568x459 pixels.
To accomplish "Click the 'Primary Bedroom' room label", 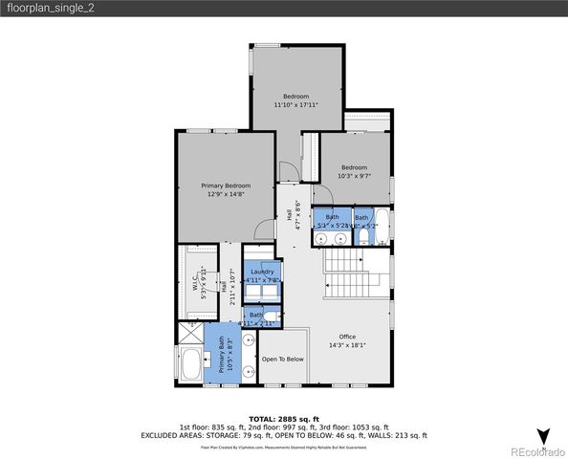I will pos(226,185).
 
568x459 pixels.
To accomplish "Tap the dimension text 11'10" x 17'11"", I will pos(296,104).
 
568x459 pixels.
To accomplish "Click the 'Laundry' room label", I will pos(261,272).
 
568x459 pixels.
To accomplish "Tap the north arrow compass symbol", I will pos(542,436).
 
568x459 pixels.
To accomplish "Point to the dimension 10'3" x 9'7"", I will pos(354,176).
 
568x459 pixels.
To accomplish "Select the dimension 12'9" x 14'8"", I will pos(226,193).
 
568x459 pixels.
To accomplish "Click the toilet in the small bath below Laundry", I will pos(272,317).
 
